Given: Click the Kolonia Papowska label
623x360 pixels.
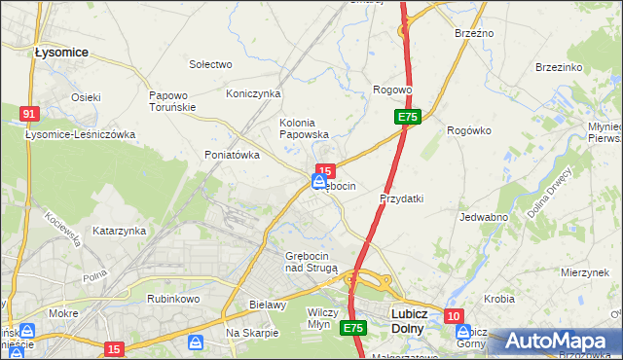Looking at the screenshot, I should coord(305,128).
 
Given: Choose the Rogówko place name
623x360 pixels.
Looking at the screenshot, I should coord(466,129).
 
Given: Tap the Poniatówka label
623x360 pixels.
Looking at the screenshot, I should coord(232,155).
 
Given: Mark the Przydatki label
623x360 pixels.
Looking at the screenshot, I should coord(401,198).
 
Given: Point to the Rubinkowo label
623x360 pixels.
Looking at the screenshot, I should coord(172,299).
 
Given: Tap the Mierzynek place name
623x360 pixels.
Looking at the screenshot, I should coord(585,273).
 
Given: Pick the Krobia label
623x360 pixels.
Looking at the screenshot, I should coord(499,299).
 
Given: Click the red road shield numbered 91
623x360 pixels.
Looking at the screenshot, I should coord(29,114).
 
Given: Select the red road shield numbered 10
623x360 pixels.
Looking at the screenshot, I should coord(454,316).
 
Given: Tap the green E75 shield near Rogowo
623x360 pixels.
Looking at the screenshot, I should coord(408,117).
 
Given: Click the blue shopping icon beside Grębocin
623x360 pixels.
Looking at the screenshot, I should coord(319,181).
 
